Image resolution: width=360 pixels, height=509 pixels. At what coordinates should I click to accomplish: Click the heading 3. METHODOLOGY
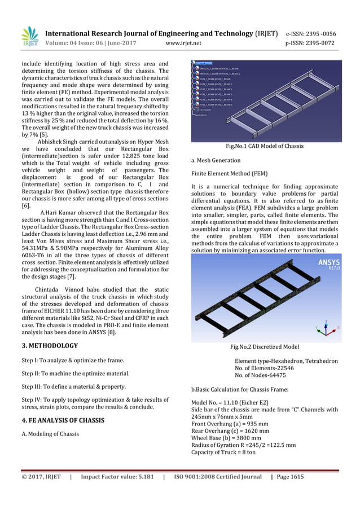click(50, 345)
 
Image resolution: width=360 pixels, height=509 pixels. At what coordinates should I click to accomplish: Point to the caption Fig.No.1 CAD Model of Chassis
click(265, 146)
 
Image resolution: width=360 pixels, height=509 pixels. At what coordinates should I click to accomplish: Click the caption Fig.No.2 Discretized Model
click(265, 346)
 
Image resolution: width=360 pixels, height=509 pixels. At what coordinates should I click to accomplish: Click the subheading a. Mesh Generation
click(217, 160)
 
